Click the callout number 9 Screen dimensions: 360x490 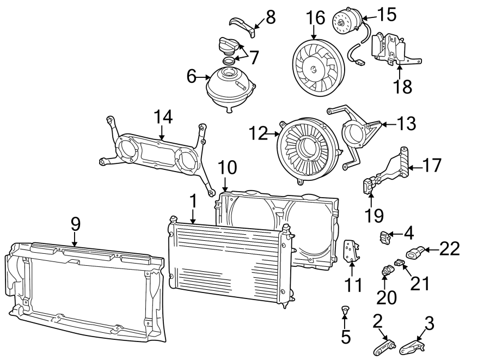click(x=75, y=224)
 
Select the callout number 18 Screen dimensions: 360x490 click(x=403, y=87)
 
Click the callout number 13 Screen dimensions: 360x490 click(x=406, y=124)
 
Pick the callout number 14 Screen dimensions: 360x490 click(x=162, y=117)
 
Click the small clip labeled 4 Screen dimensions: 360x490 click(x=385, y=236)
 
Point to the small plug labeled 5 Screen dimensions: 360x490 click(x=344, y=311)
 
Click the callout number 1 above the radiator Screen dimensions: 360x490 click(x=192, y=202)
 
